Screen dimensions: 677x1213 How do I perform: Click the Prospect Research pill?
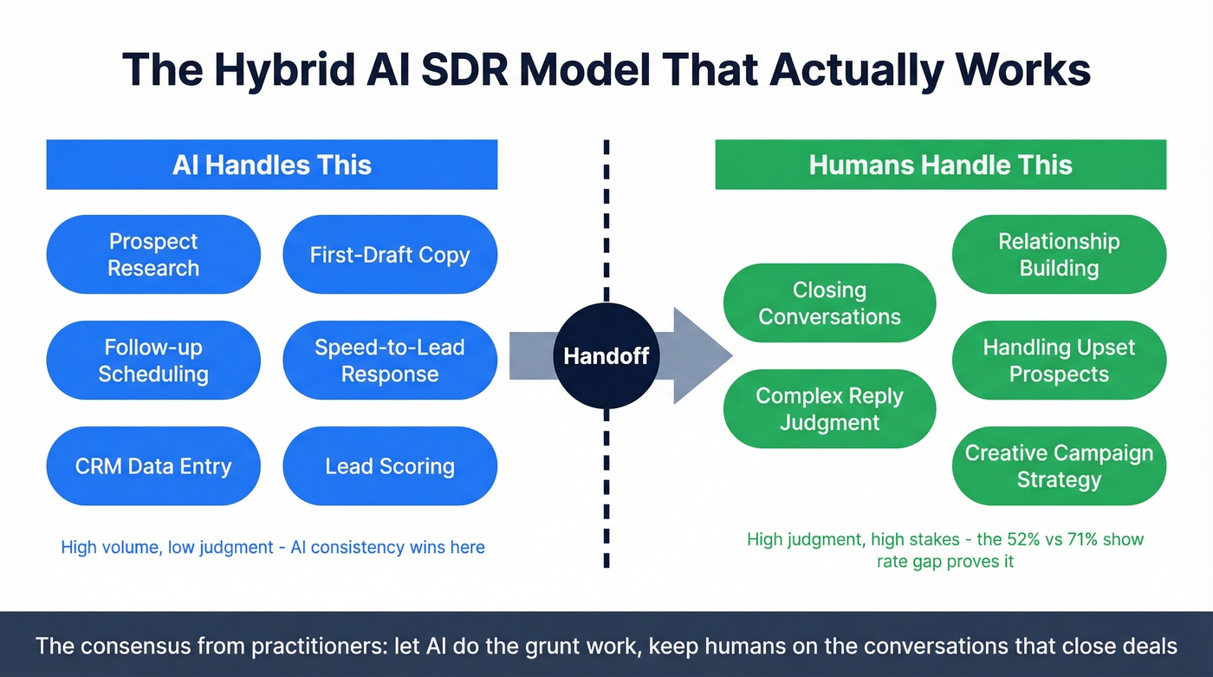[x=153, y=255]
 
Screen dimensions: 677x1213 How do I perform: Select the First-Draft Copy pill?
[x=390, y=255]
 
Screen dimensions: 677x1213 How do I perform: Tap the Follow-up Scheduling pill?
[x=153, y=361]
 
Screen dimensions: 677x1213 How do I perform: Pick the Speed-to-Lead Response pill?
[x=390, y=361]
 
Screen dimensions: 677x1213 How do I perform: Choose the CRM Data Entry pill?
[x=153, y=466]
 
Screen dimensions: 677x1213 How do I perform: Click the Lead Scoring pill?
[x=390, y=466]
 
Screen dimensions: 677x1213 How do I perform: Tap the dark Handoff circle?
[x=606, y=355]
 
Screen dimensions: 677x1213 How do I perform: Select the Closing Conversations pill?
[x=829, y=303]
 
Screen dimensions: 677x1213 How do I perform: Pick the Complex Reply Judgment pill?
[x=829, y=409]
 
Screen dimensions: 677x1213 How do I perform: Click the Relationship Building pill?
[x=1059, y=255]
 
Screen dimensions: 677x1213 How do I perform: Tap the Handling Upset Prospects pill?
[x=1059, y=361]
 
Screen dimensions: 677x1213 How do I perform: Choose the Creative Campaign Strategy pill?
[x=1059, y=466]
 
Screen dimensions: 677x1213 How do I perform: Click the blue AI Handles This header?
[x=271, y=165]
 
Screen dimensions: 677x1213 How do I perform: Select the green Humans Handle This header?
[x=940, y=165]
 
